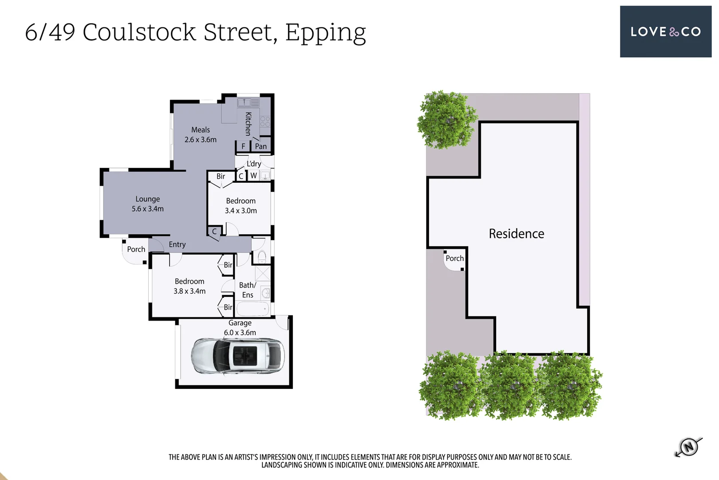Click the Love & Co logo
tap(665, 32)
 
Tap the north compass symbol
tap(688, 446)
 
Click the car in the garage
tap(238, 356)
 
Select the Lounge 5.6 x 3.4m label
tap(147, 204)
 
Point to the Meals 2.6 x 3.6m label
tap(201, 135)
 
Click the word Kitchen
tap(249, 124)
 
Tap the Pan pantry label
tap(261, 146)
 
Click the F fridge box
tap(243, 146)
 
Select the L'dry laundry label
tap(254, 164)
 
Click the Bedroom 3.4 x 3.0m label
tap(241, 206)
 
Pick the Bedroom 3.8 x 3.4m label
tap(190, 286)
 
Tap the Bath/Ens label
tap(248, 290)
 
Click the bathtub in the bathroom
tap(253, 308)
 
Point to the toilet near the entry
tap(262, 256)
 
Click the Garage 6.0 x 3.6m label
tap(240, 328)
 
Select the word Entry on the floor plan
tap(177, 244)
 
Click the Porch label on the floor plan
tap(136, 249)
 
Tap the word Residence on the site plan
tap(516, 234)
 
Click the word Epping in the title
tap(325, 33)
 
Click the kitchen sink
tap(244, 103)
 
